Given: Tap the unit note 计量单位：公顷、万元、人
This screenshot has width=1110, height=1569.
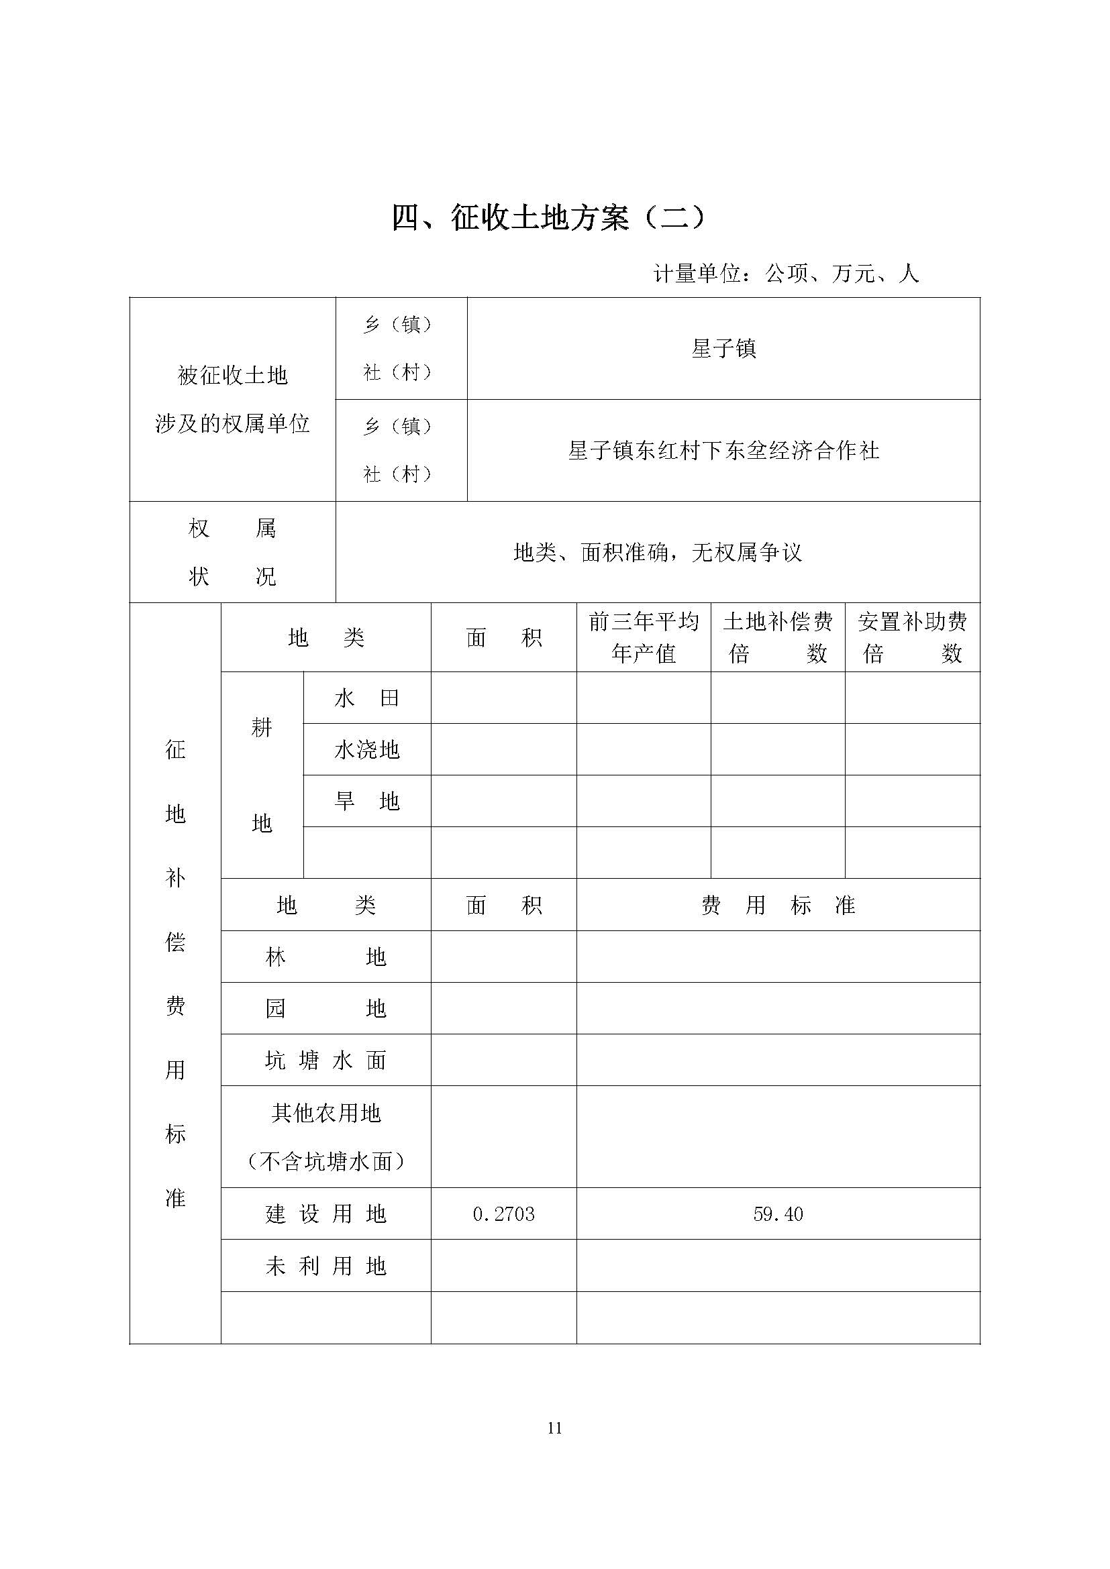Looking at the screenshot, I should [786, 274].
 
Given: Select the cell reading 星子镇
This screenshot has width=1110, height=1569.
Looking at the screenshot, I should [723, 349].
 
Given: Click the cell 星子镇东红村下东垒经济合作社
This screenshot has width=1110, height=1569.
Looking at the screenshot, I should [723, 450].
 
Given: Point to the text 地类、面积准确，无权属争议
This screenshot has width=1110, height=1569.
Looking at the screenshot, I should [658, 552].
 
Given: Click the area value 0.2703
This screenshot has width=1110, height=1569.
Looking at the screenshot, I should [504, 1214].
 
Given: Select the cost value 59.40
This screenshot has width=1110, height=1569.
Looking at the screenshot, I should [778, 1214].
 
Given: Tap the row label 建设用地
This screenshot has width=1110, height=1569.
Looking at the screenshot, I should [325, 1214].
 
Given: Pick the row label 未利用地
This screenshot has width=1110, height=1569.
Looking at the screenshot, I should [325, 1266].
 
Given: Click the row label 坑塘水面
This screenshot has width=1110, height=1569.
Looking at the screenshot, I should [325, 1061].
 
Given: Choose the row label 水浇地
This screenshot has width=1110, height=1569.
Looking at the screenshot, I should [367, 750].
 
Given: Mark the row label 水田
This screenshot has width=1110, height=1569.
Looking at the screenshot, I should [367, 698].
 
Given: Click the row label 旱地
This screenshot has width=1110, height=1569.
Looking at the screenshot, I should [367, 801].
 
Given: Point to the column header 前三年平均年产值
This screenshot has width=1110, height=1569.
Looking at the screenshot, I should [643, 637].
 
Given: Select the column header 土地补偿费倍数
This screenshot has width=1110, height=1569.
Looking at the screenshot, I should [778, 637].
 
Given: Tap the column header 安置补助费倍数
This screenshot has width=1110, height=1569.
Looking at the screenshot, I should [913, 637].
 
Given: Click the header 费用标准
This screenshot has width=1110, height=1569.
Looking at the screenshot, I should [778, 906].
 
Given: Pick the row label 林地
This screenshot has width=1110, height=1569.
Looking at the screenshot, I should [325, 957].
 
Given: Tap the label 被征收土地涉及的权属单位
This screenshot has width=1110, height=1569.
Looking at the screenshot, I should [232, 400].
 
